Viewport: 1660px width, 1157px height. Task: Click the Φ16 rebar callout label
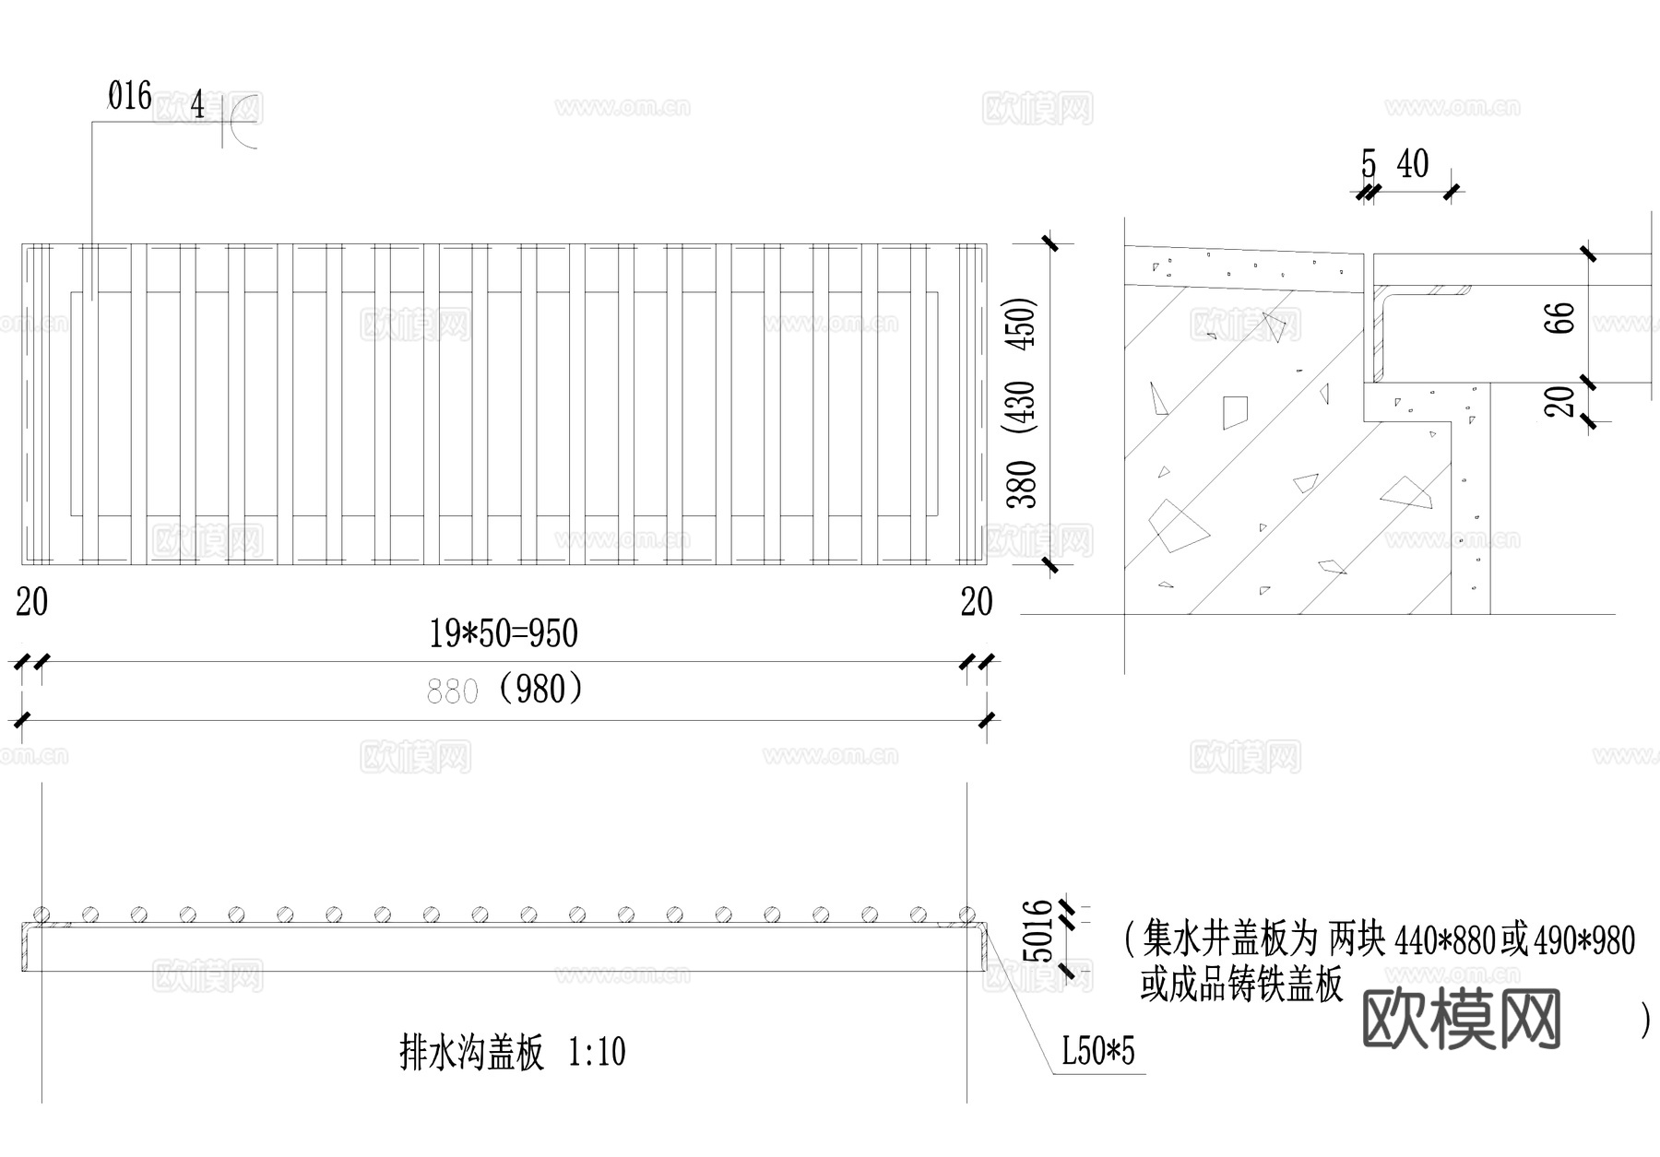[130, 97]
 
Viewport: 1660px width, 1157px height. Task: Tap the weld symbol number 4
[197, 106]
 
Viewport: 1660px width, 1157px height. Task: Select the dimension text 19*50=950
[504, 634]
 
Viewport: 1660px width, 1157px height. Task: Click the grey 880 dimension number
[452, 691]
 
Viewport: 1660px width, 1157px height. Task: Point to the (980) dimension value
[540, 689]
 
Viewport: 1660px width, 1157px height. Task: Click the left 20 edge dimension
[32, 603]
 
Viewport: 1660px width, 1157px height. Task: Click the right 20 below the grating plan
[977, 603]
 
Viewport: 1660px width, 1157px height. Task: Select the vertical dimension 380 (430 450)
[1022, 403]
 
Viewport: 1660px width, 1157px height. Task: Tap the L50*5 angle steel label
[1097, 1051]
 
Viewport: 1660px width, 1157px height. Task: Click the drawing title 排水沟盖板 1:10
[513, 1052]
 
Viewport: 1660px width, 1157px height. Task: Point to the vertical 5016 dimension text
[1039, 931]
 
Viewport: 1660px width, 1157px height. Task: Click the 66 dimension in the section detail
[1564, 318]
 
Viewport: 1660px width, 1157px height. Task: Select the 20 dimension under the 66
[1561, 401]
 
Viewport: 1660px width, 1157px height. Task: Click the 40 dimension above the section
[1412, 165]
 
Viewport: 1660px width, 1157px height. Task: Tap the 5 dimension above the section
[1369, 165]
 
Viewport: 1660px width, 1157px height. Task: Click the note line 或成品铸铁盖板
[1241, 986]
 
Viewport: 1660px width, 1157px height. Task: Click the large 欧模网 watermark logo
[1461, 1019]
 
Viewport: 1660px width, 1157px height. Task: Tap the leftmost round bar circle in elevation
[41, 915]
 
